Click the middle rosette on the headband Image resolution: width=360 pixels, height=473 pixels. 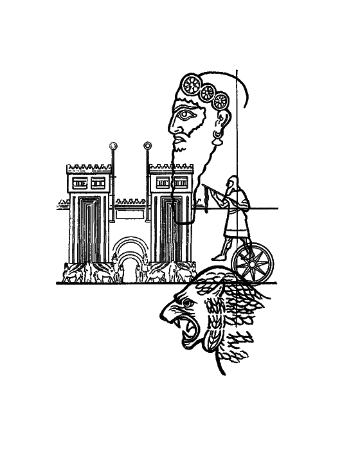(x=208, y=92)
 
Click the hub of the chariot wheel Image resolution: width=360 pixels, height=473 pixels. (x=252, y=262)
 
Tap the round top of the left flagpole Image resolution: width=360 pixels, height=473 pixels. (x=114, y=146)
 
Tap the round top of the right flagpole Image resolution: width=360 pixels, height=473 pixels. (x=148, y=146)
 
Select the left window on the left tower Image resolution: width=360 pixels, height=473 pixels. (x=80, y=183)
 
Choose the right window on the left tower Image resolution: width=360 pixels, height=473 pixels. (x=98, y=183)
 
